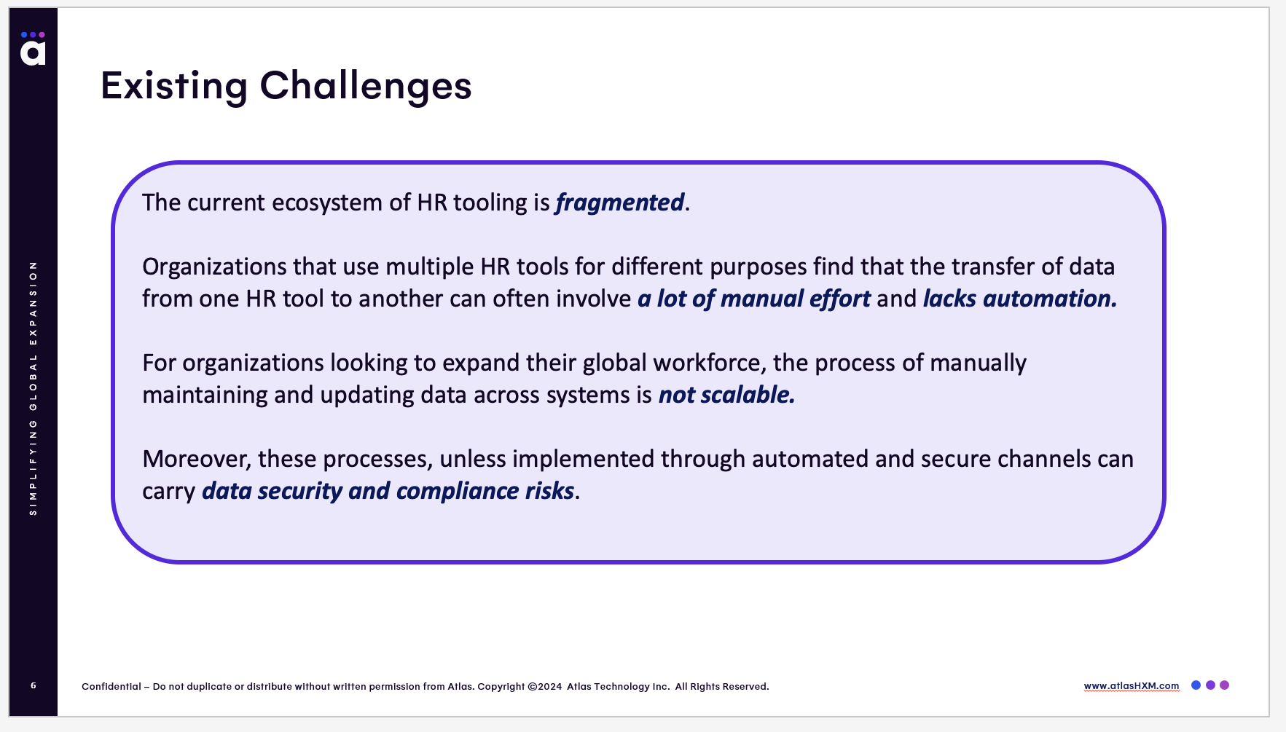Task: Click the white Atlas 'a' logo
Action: [x=33, y=52]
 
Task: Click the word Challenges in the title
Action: [x=366, y=87]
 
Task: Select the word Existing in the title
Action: [x=174, y=87]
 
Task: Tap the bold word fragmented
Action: [x=619, y=202]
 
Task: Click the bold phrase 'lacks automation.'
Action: [x=1020, y=299]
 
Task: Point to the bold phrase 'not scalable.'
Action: [x=726, y=395]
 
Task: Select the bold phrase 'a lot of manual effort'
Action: [x=754, y=299]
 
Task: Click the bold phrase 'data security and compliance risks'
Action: [x=388, y=491]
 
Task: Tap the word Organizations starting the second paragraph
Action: [x=214, y=267]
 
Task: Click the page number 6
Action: [x=34, y=685]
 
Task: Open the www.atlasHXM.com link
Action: [x=1132, y=686]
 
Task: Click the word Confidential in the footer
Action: [x=111, y=686]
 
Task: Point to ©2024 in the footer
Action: [x=545, y=686]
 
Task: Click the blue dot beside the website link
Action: [x=1196, y=685]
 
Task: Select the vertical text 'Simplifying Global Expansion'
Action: [x=33, y=388]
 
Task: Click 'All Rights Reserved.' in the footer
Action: [x=722, y=686]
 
